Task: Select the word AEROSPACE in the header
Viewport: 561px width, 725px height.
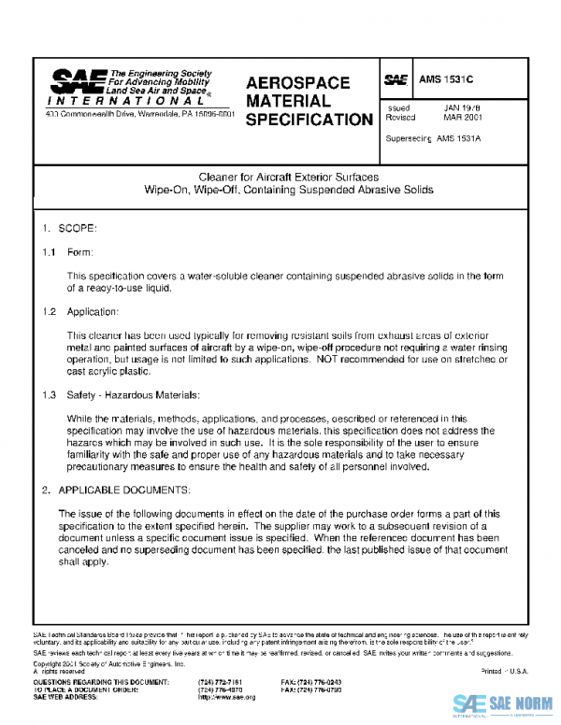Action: (x=297, y=83)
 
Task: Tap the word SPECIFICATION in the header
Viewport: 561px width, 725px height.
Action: (x=309, y=120)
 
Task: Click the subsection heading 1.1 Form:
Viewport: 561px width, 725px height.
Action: (x=67, y=252)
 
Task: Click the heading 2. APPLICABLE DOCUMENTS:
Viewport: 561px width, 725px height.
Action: (x=116, y=490)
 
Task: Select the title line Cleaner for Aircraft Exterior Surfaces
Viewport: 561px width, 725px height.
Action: (x=288, y=176)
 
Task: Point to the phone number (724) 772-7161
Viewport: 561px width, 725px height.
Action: (x=222, y=683)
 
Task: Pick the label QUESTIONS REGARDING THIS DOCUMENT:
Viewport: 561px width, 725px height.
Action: (x=101, y=683)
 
